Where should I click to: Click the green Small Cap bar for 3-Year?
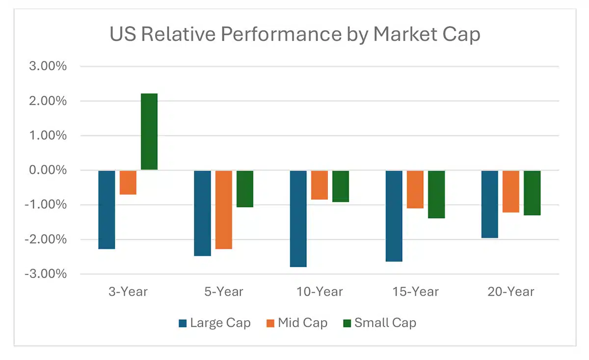coord(149,132)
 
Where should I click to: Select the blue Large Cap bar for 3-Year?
coord(107,210)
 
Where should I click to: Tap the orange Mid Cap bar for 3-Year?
coord(128,183)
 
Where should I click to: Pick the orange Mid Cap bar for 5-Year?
coord(224,210)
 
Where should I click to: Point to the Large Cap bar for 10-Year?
coord(298,219)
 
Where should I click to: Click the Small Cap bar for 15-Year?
coord(436,194)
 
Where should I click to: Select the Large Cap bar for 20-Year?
coord(489,204)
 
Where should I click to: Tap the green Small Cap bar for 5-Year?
coord(245,189)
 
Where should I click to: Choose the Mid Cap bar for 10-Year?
coord(320,185)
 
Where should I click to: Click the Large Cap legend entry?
coord(214,323)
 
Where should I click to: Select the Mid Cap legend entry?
coord(296,323)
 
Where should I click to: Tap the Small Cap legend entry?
coord(379,323)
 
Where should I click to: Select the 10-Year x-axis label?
coord(320,292)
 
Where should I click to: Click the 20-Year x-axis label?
coord(511,292)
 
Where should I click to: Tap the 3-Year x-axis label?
coord(128,292)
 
